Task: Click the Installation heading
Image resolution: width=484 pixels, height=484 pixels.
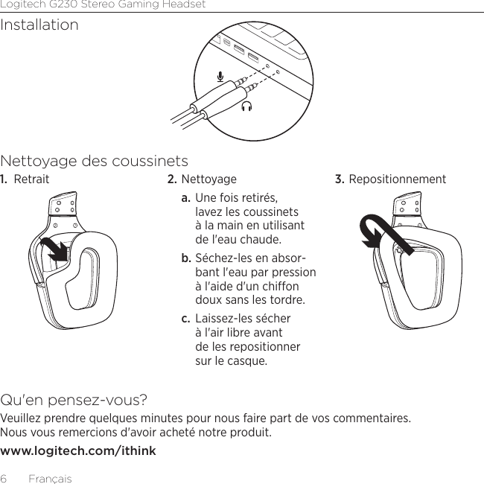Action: [x=39, y=25]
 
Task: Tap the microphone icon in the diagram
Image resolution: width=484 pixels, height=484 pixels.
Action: [x=220, y=76]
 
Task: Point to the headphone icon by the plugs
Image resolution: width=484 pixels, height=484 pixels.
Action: [x=246, y=106]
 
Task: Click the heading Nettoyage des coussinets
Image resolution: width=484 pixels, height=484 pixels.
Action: [x=95, y=162]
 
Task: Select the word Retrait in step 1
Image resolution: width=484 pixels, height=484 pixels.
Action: [x=32, y=179]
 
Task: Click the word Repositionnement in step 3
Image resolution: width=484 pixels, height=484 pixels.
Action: [x=398, y=179]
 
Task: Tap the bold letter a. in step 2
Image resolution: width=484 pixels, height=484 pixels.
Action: [x=186, y=200]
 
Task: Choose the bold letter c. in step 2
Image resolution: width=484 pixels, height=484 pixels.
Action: [x=186, y=319]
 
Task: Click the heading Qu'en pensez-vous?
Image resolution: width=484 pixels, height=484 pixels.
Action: [x=74, y=400]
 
